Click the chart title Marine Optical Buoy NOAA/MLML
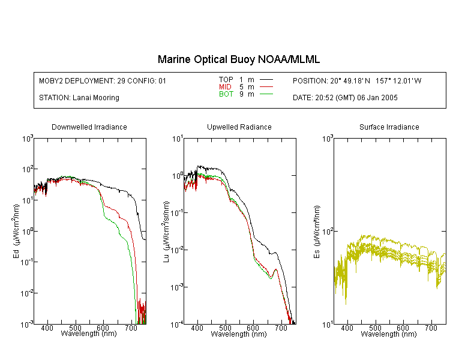click(x=238, y=59)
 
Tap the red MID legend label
click(x=225, y=86)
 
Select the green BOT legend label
click(x=226, y=94)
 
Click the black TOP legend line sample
click(x=266, y=80)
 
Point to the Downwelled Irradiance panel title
click(x=89, y=127)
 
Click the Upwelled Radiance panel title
click(x=239, y=127)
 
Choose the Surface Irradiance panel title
click(x=389, y=127)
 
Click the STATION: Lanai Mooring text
click(x=79, y=98)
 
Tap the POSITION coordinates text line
click(x=357, y=81)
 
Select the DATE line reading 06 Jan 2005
click(x=345, y=98)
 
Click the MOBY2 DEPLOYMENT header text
click(x=103, y=81)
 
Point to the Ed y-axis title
click(x=17, y=231)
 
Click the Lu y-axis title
click(x=166, y=232)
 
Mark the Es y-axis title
click(x=317, y=232)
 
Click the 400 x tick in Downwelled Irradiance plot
click(x=47, y=328)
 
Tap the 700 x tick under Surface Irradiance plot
click(x=431, y=328)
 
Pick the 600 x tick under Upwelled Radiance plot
click(x=253, y=328)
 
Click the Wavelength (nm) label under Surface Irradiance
click(x=389, y=334)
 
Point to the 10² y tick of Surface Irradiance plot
click(x=328, y=230)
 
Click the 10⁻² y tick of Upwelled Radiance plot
click(x=176, y=250)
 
